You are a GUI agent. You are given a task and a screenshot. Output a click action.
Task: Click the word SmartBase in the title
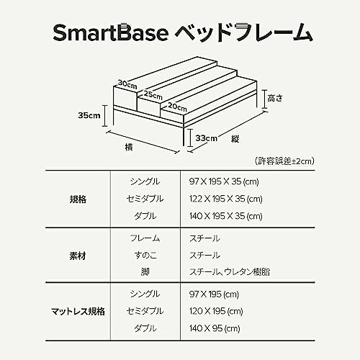[x=111, y=32]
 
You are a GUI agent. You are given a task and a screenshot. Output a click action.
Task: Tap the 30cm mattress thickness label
[x=127, y=84]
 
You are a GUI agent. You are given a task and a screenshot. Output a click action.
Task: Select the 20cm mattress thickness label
[x=177, y=107]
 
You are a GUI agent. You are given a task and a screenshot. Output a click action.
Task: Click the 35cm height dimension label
[x=89, y=115]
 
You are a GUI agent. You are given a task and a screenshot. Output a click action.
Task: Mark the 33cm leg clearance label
[x=207, y=138]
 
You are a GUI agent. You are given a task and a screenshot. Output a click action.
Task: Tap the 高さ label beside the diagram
[x=275, y=98]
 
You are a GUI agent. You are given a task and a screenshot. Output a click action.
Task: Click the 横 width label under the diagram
[x=129, y=147]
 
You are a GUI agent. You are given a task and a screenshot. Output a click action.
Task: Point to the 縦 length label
[x=235, y=139]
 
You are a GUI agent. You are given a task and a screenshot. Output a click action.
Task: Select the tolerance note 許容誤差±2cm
[x=284, y=161]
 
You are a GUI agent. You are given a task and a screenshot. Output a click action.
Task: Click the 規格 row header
[x=78, y=199]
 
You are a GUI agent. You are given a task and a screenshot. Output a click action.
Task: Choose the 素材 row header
[x=78, y=256]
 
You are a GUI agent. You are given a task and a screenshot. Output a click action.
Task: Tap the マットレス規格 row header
[x=78, y=312]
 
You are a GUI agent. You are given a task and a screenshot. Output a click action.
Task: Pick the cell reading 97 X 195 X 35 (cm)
[x=224, y=181]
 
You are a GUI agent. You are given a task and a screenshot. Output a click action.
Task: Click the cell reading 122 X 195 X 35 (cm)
[x=226, y=199]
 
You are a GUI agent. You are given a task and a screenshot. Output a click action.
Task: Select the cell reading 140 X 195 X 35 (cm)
[x=226, y=216]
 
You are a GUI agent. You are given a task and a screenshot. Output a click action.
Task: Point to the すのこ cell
[x=145, y=255]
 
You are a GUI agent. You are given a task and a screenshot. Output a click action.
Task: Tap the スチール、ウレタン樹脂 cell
[x=230, y=272]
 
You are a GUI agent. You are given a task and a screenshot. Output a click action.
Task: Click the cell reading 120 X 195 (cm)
[x=216, y=311]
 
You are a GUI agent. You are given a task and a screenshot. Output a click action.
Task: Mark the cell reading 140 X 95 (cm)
[x=215, y=328]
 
